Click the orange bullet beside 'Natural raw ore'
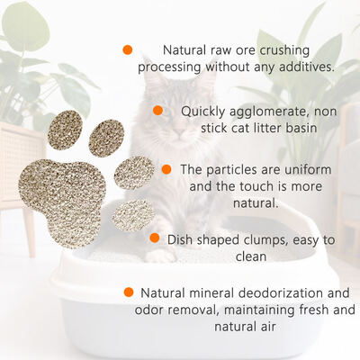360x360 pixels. coord(128,49)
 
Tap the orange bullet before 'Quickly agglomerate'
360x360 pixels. coord(157,111)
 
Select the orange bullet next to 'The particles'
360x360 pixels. coord(166,169)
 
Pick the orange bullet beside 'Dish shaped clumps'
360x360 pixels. coord(155,238)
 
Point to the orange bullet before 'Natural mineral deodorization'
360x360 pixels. coord(129,292)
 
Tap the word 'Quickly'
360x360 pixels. coord(203,112)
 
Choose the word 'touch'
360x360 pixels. coord(257,186)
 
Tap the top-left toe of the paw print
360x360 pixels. coord(65,130)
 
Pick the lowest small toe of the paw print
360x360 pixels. coord(133,215)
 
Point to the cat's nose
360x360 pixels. coord(180,132)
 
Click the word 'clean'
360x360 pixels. coord(251,256)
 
